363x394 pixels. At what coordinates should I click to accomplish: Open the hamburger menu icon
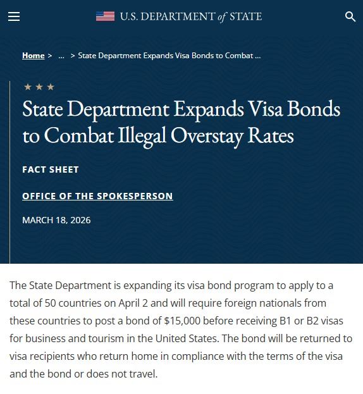[x=14, y=17]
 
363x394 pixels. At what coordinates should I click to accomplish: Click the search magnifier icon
[x=350, y=17]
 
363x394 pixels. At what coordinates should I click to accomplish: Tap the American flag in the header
[x=105, y=16]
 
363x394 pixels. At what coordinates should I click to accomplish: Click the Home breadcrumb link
[x=33, y=56]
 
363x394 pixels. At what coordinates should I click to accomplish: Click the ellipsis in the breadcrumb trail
[x=61, y=56]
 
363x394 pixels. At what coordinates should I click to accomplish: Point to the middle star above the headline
[x=39, y=87]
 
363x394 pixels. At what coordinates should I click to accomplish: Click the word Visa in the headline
[x=264, y=109]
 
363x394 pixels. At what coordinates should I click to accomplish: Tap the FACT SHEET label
[x=51, y=169]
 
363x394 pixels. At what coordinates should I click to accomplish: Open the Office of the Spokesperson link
[x=97, y=196]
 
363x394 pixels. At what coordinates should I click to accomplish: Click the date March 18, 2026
[x=56, y=220]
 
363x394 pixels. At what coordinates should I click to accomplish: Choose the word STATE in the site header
[x=245, y=16]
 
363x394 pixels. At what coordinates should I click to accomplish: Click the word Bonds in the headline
[x=314, y=109]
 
